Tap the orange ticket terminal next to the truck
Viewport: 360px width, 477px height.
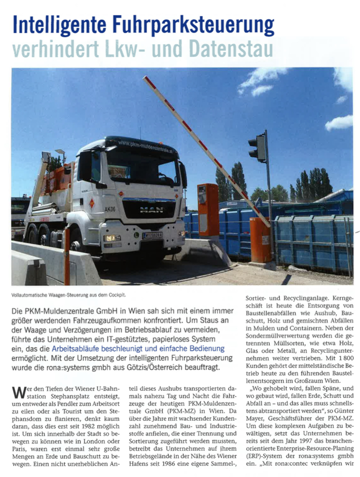[x=208, y=208]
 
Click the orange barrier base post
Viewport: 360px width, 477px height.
[x=260, y=240]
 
